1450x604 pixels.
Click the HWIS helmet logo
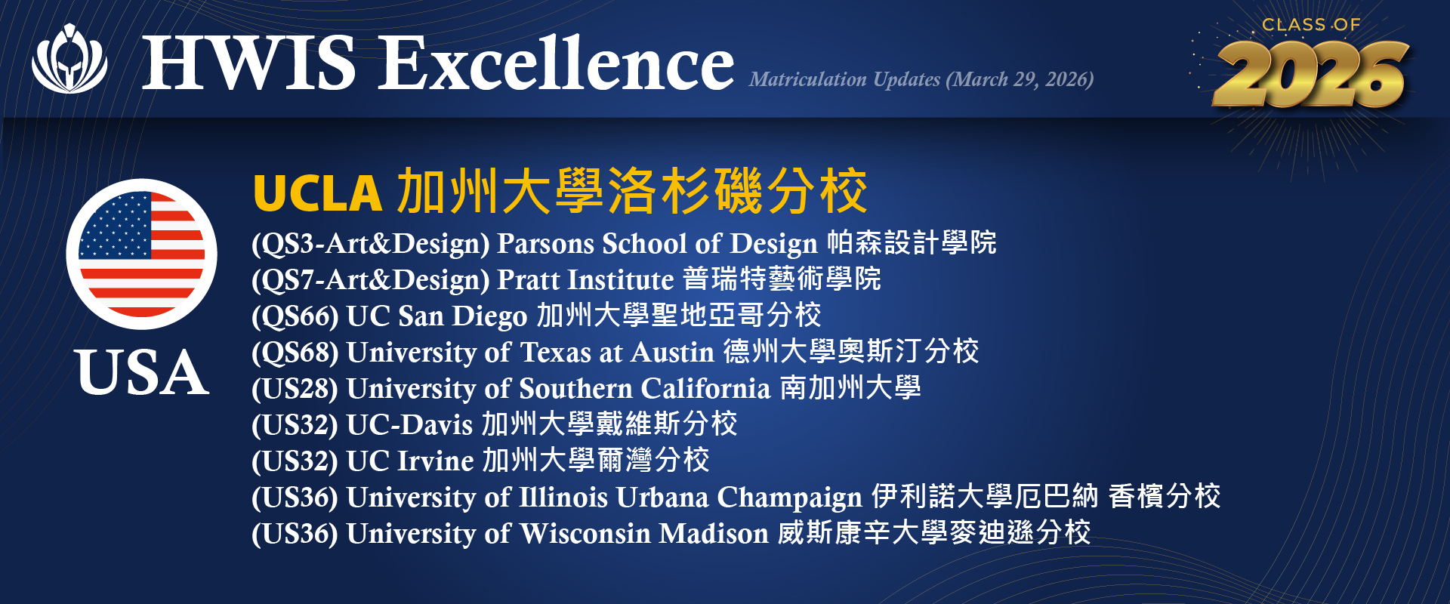[x=69, y=59]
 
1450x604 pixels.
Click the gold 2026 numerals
[x=1311, y=74]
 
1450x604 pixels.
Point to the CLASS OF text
[x=1311, y=25]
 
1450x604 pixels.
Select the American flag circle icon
[x=142, y=254]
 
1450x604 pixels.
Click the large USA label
[x=142, y=372]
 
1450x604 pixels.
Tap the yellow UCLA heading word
[x=317, y=193]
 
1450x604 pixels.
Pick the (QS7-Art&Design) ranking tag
[x=371, y=280]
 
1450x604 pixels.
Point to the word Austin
[x=672, y=352]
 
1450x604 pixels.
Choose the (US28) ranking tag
[x=295, y=389]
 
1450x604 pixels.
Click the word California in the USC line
[x=705, y=388]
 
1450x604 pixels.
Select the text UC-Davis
[x=409, y=424]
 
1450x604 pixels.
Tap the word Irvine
[x=436, y=461]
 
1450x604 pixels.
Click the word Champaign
[x=789, y=498]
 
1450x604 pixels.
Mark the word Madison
[x=714, y=533]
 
